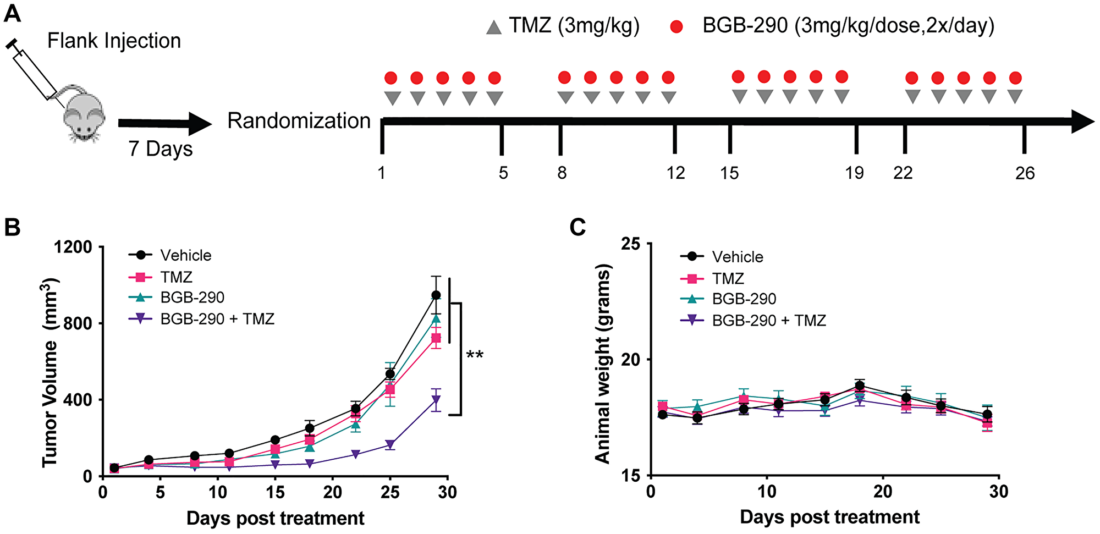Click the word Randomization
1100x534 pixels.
pyautogui.click(x=299, y=121)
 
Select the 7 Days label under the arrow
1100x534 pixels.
pyautogui.click(x=161, y=149)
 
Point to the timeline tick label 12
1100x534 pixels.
pyautogui.click(x=675, y=173)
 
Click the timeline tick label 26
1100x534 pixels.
pyautogui.click(x=1025, y=173)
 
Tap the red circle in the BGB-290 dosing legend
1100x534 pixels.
pyautogui.click(x=676, y=26)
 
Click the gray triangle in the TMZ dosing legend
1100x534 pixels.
pyautogui.click(x=494, y=27)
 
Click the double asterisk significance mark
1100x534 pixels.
pyautogui.click(x=475, y=355)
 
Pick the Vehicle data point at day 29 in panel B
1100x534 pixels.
pyautogui.click(x=436, y=295)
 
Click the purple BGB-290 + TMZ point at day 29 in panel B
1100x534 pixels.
pyautogui.click(x=436, y=400)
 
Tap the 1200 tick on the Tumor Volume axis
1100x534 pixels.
pyautogui.click(x=73, y=247)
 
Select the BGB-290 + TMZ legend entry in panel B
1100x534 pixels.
pyautogui.click(x=217, y=319)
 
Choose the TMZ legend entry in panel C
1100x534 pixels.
pyautogui.click(x=727, y=279)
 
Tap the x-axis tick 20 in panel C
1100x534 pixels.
pyautogui.click(x=883, y=491)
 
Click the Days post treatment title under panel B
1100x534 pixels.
pyautogui.click(x=275, y=518)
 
